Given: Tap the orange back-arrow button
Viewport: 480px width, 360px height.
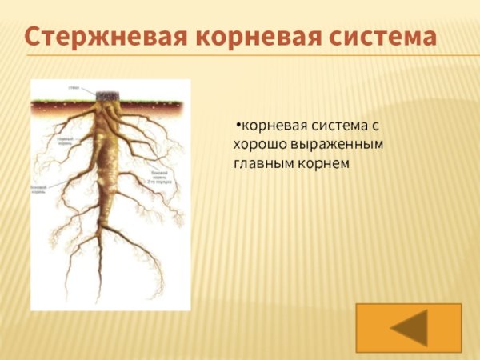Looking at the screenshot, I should pos(409,327).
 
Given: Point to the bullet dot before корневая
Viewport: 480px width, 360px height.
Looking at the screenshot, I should pos(238,126).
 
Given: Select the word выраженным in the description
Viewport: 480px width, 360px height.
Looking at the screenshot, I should pos(337,146).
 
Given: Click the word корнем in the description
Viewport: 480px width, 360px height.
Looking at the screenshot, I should pos(328,165).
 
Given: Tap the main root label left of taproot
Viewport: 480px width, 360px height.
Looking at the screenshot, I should pos(66,142).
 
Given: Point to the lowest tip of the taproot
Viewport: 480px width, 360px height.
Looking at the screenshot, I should pos(99,300).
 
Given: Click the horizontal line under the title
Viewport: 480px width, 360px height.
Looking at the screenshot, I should pos(240,56).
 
